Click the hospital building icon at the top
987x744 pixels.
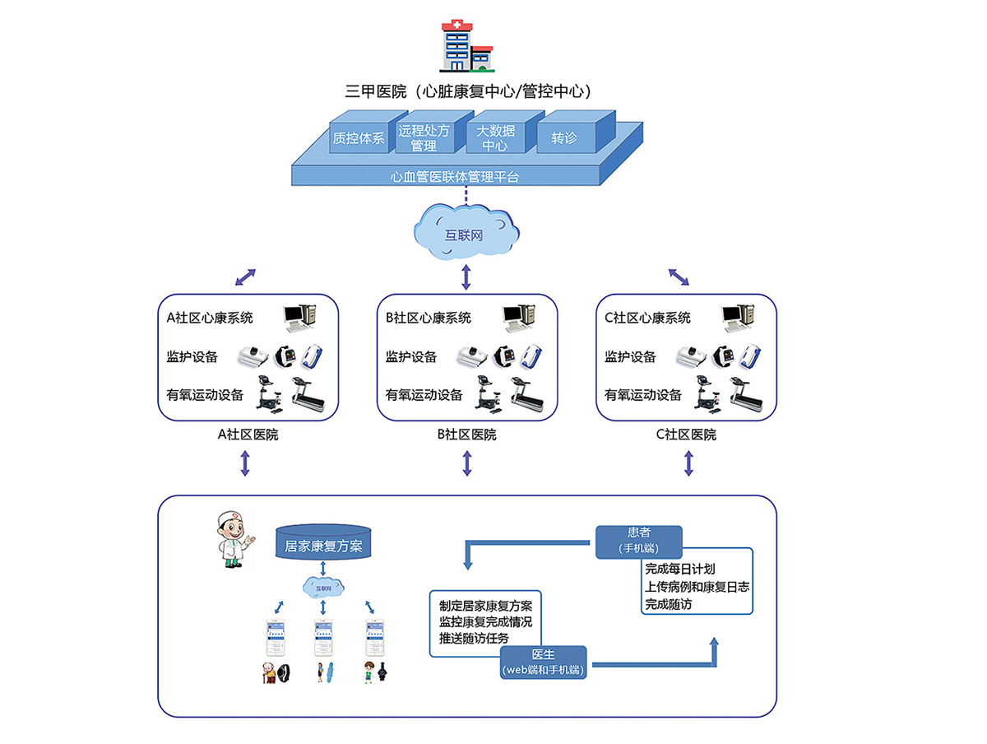(x=465, y=46)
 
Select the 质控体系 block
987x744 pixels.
(x=358, y=137)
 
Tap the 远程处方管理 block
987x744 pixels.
(x=424, y=137)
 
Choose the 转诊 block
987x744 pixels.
(x=566, y=137)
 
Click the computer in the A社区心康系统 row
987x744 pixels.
(x=299, y=317)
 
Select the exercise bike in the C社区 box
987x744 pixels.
(x=705, y=393)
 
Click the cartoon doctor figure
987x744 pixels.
(x=231, y=541)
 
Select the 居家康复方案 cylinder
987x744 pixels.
(x=322, y=544)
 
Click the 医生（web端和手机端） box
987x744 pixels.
(x=543, y=662)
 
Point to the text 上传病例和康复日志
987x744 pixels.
(x=697, y=587)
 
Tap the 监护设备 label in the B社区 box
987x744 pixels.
(x=411, y=357)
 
